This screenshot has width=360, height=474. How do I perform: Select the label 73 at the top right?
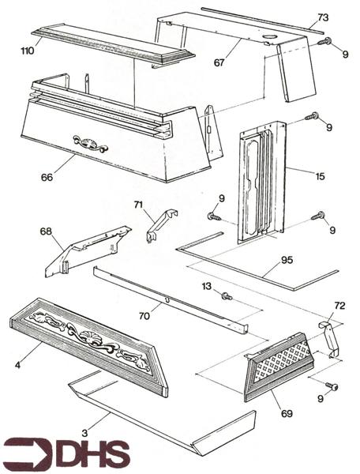click(x=322, y=17)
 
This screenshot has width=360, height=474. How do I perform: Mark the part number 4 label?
click(x=17, y=364)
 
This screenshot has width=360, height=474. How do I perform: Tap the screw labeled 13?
click(x=226, y=296)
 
